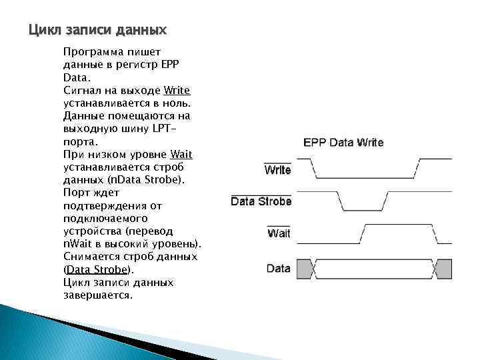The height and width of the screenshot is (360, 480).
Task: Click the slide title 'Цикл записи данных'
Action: tap(97, 31)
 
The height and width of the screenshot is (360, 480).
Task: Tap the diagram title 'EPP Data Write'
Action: tap(343, 142)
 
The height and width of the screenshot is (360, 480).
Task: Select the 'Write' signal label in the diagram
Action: tap(277, 170)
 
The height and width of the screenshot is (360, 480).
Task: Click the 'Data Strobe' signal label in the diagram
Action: tap(261, 201)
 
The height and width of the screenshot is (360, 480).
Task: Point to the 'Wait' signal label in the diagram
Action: tap(279, 233)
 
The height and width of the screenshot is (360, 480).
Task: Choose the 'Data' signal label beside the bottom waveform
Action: tap(278, 269)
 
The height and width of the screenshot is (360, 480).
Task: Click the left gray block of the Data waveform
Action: tap(305, 269)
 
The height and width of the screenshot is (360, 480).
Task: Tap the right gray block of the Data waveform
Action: tap(439, 269)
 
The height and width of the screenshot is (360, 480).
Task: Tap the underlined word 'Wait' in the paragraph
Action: tap(181, 155)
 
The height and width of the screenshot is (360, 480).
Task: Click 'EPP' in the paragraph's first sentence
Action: tap(181, 65)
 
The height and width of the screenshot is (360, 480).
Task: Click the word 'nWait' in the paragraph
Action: tap(77, 244)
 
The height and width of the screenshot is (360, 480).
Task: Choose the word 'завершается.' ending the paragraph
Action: tap(98, 295)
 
